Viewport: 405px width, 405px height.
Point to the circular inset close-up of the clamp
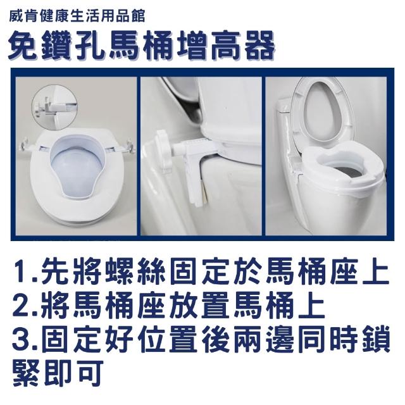54,106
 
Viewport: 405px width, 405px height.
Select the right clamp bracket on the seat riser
128,147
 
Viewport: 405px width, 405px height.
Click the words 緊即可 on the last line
58,375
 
